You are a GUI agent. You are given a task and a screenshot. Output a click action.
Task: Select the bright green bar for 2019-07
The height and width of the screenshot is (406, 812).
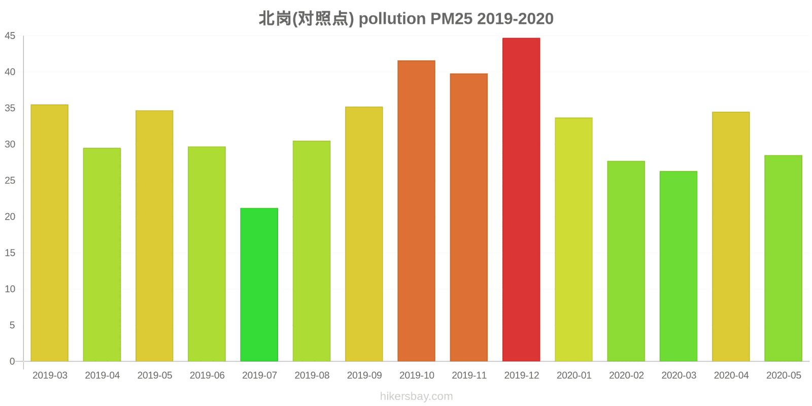pyautogui.click(x=259, y=285)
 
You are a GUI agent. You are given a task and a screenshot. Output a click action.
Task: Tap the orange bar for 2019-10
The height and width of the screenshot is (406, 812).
pyautogui.click(x=416, y=211)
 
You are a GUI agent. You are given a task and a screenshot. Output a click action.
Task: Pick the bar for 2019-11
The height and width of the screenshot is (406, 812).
pyautogui.click(x=468, y=218)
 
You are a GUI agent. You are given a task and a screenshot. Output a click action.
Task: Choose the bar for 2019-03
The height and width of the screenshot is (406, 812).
pyautogui.click(x=49, y=233)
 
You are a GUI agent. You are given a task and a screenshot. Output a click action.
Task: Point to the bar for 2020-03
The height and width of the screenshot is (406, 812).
pyautogui.click(x=678, y=266)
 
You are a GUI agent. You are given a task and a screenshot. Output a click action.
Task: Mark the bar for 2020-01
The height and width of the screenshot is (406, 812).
pyautogui.click(x=573, y=240)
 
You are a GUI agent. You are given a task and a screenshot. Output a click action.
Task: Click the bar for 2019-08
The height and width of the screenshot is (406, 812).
pyautogui.click(x=312, y=251)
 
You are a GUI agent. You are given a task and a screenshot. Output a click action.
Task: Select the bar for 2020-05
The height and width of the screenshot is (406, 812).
pyautogui.click(x=783, y=258)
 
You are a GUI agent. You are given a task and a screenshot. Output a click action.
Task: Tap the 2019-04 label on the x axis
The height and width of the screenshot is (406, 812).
pyautogui.click(x=102, y=376)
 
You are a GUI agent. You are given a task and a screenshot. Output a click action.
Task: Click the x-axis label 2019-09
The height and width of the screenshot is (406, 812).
pyautogui.click(x=364, y=376)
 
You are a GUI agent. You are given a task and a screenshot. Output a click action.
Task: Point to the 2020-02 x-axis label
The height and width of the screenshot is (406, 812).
pyautogui.click(x=626, y=376)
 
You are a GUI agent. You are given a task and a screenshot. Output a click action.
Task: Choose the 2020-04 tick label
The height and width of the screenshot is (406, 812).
pyautogui.click(x=731, y=376)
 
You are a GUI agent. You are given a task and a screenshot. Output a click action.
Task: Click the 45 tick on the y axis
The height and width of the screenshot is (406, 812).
pyautogui.click(x=10, y=36)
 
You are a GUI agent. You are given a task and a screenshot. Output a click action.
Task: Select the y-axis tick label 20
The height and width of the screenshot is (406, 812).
pyautogui.click(x=10, y=217)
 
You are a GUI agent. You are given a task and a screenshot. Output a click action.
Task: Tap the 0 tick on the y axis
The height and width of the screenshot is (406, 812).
pyautogui.click(x=13, y=361)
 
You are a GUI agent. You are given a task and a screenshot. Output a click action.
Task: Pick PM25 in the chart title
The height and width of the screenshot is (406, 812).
pyautogui.click(x=451, y=19)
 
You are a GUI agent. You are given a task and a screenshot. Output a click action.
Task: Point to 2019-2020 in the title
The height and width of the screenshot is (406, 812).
pyautogui.click(x=515, y=19)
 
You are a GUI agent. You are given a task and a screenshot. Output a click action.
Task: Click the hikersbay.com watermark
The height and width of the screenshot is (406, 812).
pyautogui.click(x=416, y=396)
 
